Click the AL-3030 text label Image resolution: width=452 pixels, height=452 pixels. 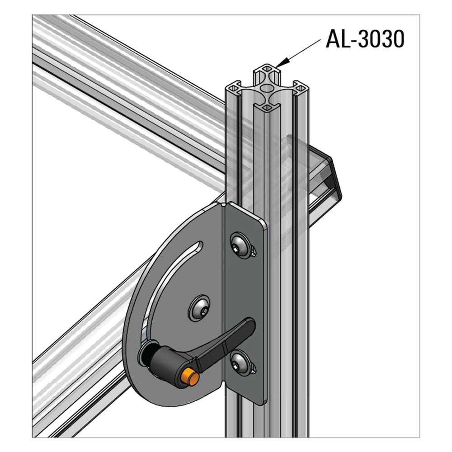tap(364, 40)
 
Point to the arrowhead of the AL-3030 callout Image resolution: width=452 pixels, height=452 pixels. tap(283, 63)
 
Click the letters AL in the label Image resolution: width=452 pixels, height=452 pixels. tap(336, 40)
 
